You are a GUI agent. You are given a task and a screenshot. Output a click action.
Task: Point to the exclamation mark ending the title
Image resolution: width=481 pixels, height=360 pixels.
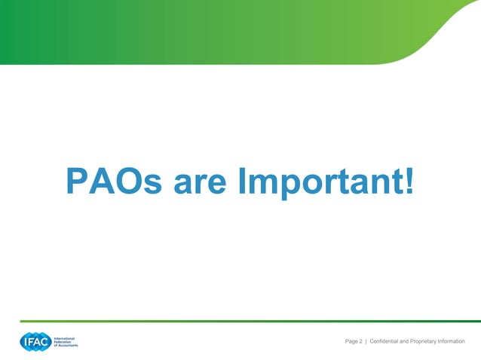(x=409, y=181)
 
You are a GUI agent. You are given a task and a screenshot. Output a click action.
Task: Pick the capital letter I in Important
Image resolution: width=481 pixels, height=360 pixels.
(x=242, y=181)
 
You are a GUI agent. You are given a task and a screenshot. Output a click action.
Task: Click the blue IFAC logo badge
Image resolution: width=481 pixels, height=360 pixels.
(x=35, y=342)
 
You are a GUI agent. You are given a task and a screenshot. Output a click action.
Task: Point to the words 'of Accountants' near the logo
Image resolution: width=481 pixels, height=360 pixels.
(x=65, y=346)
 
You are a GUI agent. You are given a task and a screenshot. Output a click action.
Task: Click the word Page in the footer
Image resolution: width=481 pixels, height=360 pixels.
(x=351, y=342)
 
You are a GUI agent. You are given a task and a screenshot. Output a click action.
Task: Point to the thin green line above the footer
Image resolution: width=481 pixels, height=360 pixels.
(x=249, y=321)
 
